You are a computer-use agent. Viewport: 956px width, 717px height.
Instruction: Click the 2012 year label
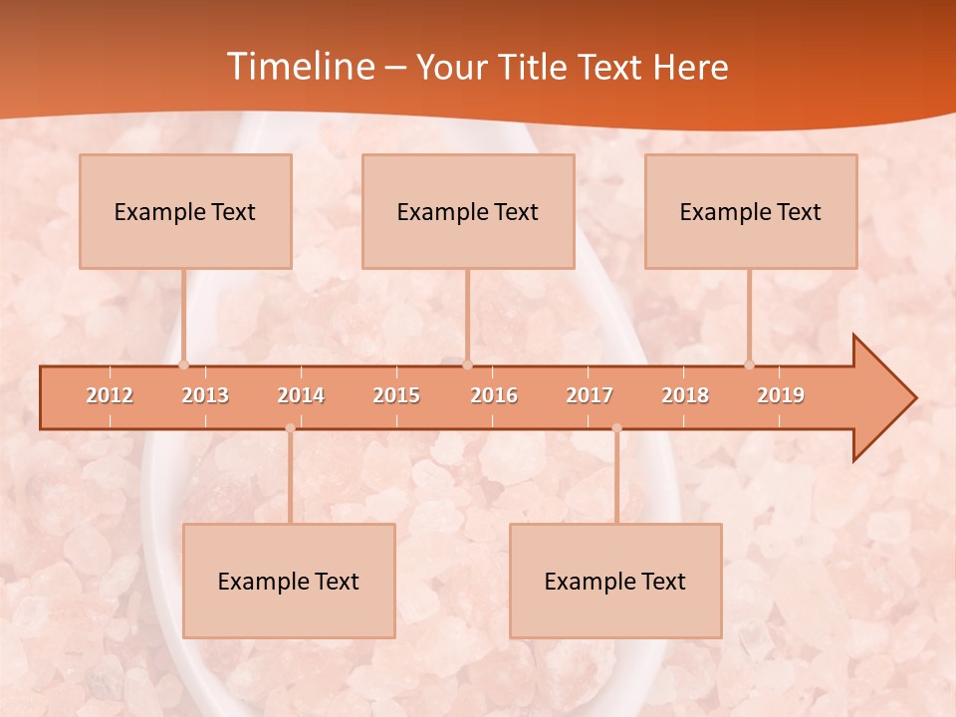point(110,395)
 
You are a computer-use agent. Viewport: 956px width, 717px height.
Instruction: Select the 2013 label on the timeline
point(205,395)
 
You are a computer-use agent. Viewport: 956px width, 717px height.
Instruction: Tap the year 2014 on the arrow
point(301,395)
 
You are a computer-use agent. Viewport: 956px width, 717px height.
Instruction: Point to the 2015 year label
point(396,395)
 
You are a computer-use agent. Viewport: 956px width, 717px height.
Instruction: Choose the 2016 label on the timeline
point(494,395)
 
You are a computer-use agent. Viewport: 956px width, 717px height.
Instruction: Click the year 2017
point(590,395)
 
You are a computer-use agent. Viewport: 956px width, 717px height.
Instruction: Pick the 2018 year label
point(685,395)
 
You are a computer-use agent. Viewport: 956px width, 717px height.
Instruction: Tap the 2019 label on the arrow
point(781,395)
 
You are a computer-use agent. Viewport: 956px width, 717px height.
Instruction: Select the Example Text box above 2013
point(185,211)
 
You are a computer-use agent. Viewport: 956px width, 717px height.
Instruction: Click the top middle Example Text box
point(468,211)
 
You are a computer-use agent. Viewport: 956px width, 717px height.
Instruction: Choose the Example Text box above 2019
point(751,211)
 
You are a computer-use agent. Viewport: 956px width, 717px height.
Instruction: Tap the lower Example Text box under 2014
point(289,581)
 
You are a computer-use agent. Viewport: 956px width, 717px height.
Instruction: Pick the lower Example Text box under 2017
point(615,581)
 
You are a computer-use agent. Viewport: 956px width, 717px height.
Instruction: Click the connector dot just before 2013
point(184,364)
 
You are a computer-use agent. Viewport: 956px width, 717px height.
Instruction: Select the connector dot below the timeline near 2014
point(290,428)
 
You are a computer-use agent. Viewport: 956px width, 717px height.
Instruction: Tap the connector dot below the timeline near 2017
point(616,428)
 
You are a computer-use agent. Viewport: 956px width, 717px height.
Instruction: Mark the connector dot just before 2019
point(750,364)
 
